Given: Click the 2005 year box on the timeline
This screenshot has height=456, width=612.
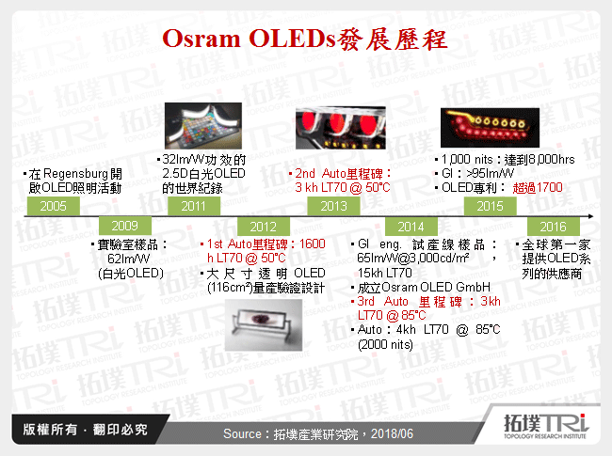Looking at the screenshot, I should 54,206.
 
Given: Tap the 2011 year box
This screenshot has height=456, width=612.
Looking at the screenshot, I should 194,206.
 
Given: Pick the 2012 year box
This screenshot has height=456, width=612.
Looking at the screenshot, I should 264,227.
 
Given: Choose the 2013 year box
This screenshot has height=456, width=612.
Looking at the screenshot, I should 333,206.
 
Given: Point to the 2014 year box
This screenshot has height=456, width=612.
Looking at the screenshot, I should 411,227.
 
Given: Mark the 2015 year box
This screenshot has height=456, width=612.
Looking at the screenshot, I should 490,206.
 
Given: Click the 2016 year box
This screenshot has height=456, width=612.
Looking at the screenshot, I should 553,227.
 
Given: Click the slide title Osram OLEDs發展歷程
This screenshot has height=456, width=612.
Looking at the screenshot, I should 305,40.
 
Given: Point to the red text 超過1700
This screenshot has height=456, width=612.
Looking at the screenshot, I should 538,188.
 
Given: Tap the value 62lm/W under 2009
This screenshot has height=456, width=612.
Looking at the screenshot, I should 131,259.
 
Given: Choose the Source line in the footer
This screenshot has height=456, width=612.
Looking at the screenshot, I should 305,433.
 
